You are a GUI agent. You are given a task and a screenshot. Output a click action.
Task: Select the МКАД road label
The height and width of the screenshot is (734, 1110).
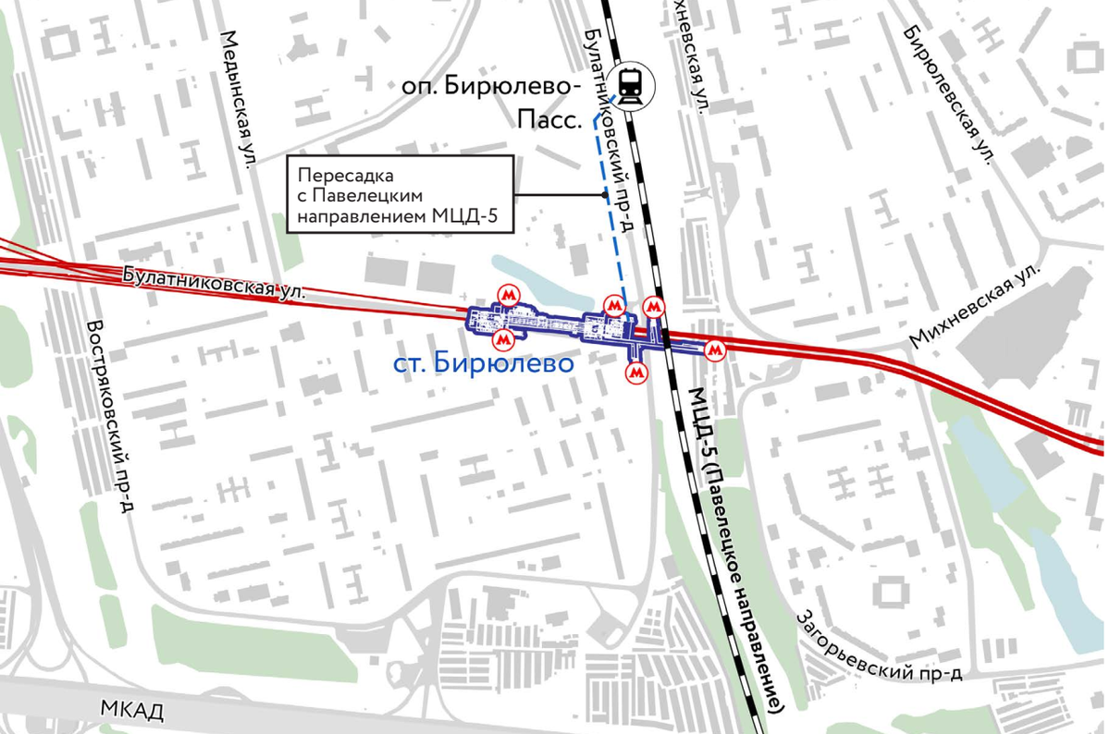132,711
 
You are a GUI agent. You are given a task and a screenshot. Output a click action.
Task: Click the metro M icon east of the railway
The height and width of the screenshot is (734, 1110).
714,350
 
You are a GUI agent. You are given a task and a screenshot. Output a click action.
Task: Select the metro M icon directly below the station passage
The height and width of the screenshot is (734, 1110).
635,373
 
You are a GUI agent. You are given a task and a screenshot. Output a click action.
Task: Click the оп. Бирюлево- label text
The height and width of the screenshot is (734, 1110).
489,87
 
